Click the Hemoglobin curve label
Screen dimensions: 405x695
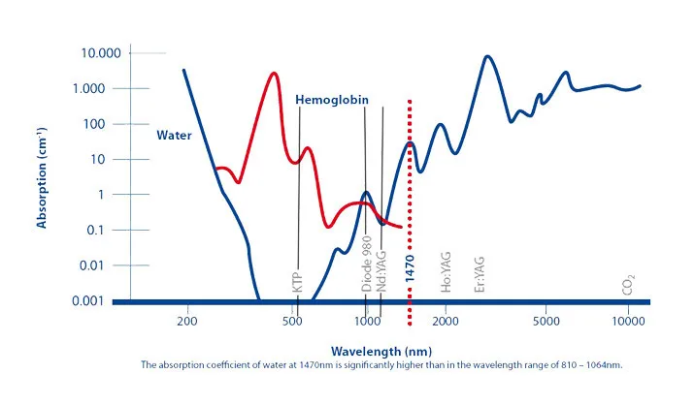click(x=331, y=100)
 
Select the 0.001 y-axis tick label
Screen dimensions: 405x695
click(x=96, y=300)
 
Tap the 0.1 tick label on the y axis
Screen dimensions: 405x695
click(x=103, y=230)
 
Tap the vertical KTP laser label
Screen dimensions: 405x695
click(x=298, y=282)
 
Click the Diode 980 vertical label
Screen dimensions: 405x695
click(x=367, y=263)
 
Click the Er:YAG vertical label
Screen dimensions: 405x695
click(x=479, y=274)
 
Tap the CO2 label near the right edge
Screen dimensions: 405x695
click(x=630, y=286)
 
